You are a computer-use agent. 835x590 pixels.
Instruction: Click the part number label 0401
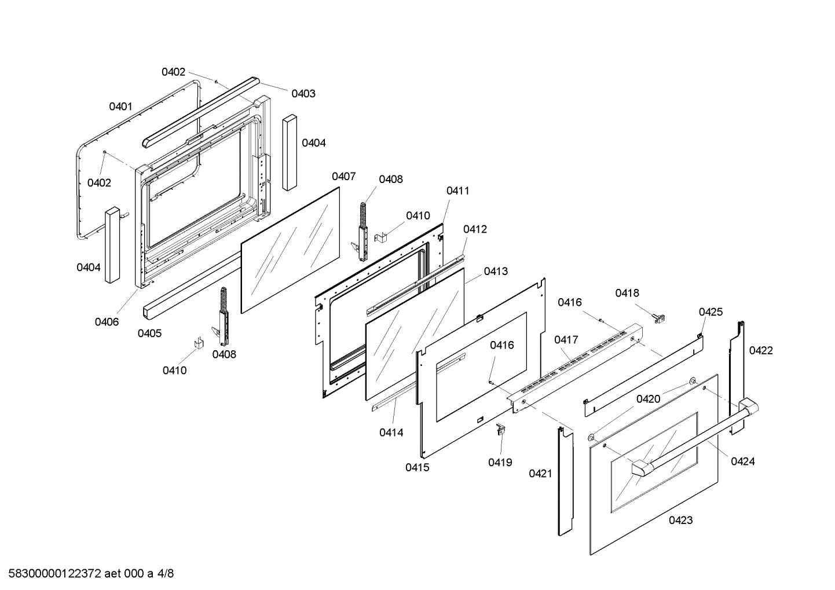coord(120,107)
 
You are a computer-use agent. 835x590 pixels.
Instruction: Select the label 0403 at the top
coord(303,93)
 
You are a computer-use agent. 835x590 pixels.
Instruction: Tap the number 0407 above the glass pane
coord(343,176)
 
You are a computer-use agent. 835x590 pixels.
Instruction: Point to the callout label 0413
coord(496,271)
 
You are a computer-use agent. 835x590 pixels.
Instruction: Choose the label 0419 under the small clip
coord(500,462)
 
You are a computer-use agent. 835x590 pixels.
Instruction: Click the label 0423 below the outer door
coord(680,520)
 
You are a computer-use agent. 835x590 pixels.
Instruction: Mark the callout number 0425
coord(711,312)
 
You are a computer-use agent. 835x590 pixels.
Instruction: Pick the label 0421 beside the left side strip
coord(540,474)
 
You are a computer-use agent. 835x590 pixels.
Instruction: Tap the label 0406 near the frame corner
coord(107,322)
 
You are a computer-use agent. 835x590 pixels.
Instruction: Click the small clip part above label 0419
coord(501,430)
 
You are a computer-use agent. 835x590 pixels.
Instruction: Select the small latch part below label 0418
coord(659,317)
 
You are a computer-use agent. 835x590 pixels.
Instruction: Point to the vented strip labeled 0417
coord(579,362)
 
